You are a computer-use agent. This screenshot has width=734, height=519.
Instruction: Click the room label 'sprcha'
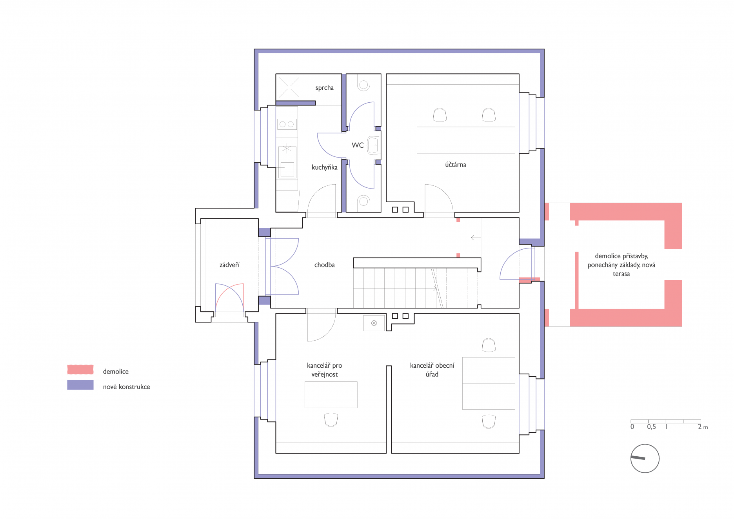coord(324,88)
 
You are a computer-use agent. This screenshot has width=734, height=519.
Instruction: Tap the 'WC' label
coord(358,145)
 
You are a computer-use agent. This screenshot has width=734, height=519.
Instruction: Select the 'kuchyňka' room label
coord(324,167)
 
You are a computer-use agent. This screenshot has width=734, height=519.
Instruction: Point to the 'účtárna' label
coord(455,165)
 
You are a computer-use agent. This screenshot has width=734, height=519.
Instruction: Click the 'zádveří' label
coord(229,265)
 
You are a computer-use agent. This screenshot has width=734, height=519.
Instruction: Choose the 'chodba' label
coord(324,265)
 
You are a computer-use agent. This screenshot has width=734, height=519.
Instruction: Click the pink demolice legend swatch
coord(80,370)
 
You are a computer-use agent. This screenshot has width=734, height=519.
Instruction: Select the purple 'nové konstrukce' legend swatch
coord(80,385)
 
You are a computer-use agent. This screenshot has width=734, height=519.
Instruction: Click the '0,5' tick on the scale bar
coord(651,427)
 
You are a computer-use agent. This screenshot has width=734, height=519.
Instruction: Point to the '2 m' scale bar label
coord(703,427)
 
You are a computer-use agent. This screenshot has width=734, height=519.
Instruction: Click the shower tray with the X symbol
coord(289,87)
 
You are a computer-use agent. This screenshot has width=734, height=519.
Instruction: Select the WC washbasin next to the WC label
coord(373,145)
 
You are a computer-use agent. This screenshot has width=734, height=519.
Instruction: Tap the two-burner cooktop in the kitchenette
coord(287,124)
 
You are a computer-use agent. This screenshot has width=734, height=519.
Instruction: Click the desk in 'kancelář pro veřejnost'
coord(331,395)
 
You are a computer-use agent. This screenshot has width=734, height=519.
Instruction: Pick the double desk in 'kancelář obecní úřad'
coord(489,383)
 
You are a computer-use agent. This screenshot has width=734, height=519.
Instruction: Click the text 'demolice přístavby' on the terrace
coord(621,256)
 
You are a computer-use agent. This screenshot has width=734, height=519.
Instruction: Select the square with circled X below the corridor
coord(374,323)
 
